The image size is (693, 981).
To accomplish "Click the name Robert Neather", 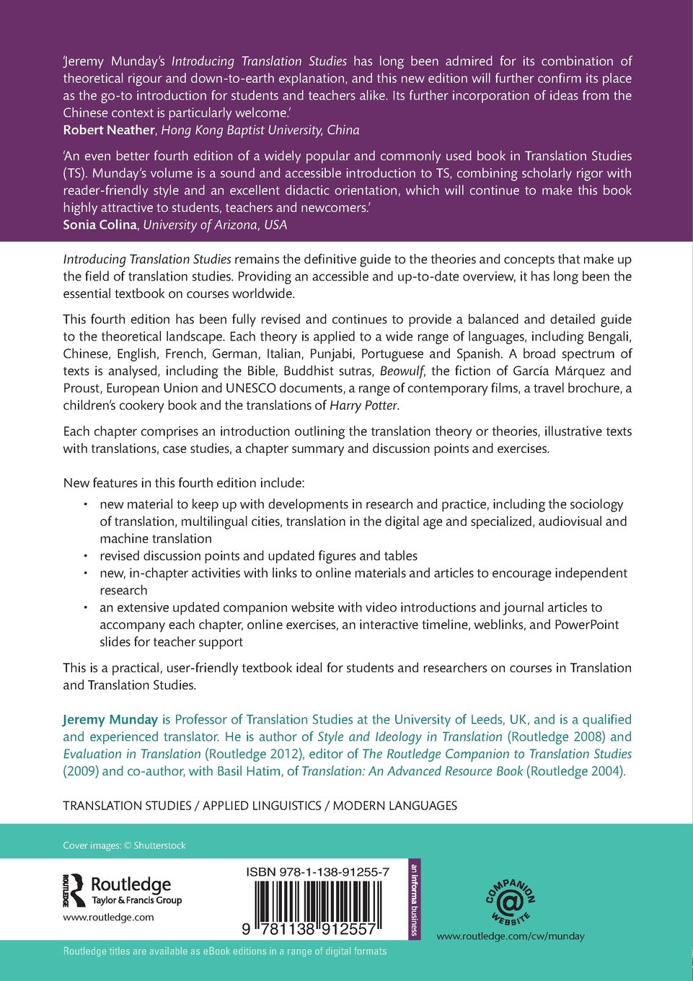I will click(109, 131).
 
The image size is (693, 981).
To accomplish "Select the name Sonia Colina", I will click(100, 225).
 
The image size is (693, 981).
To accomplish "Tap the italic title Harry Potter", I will click(363, 406).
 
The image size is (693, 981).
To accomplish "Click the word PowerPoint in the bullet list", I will click(586, 625).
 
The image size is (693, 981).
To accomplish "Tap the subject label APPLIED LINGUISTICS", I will click(262, 806).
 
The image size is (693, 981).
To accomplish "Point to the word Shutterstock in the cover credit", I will click(159, 846).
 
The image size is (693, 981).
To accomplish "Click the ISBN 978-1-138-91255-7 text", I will click(317, 872).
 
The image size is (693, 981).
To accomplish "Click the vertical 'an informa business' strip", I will click(414, 899).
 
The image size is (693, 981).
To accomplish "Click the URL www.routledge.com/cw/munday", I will click(511, 936).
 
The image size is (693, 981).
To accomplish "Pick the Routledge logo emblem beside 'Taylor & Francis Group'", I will click(74, 890).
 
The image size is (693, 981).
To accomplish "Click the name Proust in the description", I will click(81, 389).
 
